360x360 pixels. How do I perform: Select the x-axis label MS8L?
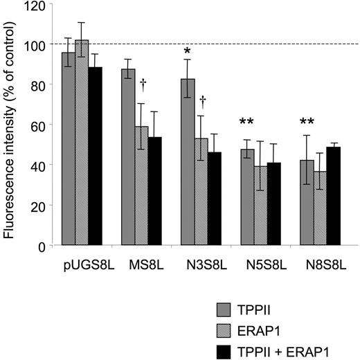[141, 264]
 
